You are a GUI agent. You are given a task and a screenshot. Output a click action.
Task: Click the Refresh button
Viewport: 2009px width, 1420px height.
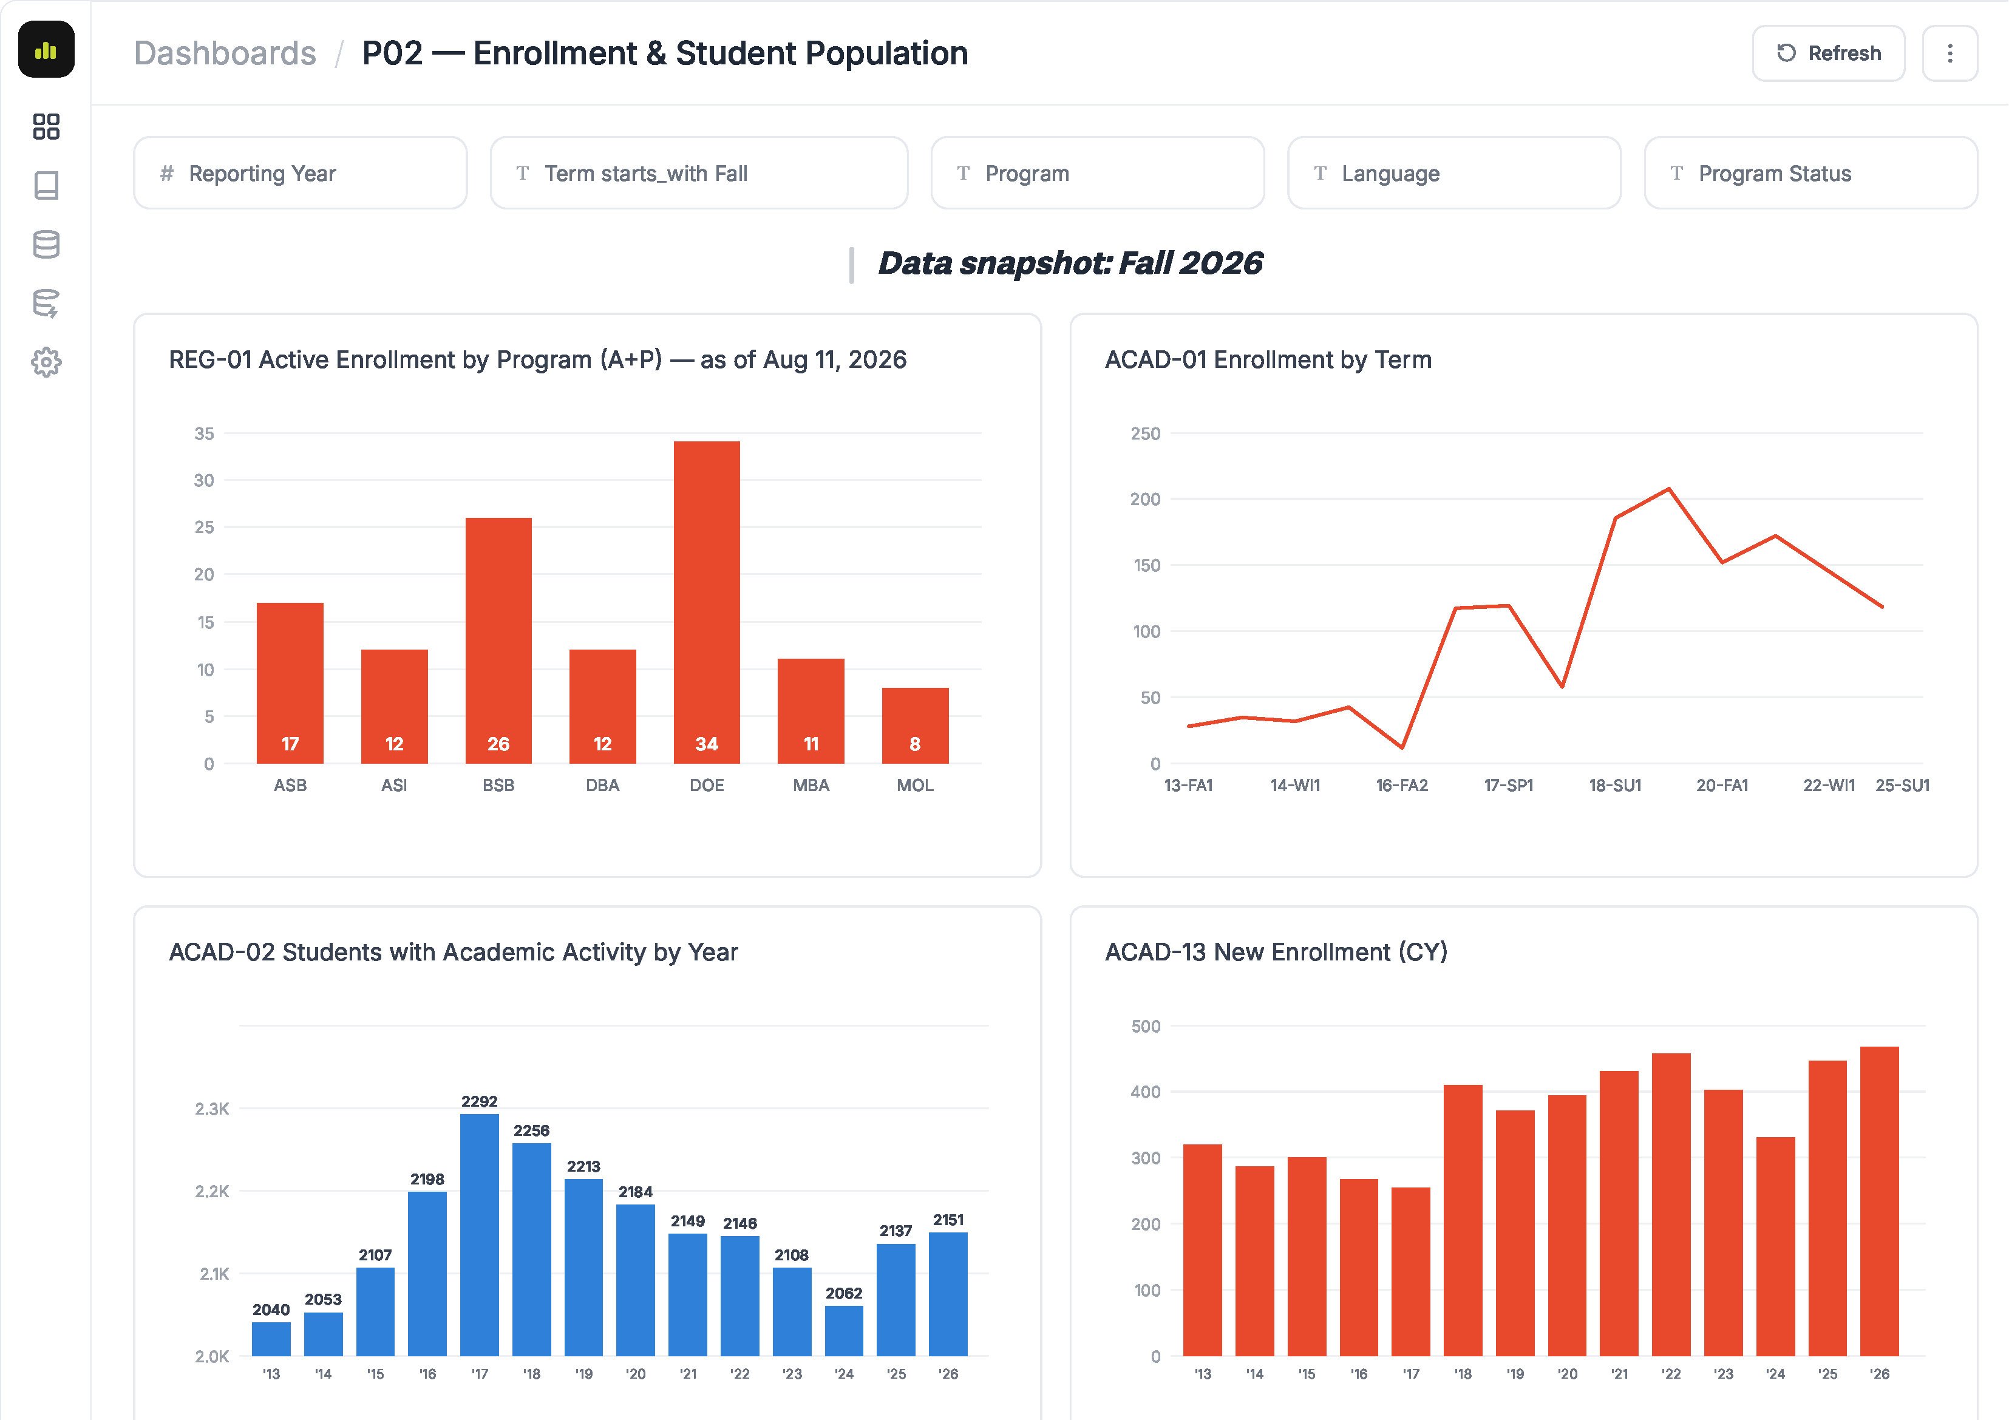1828,53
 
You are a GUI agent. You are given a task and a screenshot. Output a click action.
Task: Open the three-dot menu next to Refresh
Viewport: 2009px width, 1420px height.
1950,53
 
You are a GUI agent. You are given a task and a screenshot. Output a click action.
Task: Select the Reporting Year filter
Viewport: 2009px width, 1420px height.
300,173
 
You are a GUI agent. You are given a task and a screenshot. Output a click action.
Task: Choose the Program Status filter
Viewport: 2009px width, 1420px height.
1810,173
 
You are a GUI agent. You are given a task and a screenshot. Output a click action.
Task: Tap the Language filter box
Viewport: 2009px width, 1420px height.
1453,173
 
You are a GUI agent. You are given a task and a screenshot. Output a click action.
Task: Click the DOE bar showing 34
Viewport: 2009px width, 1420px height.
706,602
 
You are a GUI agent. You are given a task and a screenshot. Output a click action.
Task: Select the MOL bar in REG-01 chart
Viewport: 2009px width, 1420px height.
914,725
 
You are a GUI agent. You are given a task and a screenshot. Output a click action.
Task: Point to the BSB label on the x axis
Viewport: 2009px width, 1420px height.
498,786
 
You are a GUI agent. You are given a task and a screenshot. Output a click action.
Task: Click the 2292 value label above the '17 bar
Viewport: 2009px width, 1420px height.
480,1101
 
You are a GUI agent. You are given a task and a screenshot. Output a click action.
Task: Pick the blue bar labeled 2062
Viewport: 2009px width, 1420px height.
843,1331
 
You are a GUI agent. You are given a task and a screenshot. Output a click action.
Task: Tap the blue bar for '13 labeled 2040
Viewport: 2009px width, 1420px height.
271,1339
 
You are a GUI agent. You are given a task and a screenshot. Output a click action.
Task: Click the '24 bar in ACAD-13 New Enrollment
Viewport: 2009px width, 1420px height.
1775,1247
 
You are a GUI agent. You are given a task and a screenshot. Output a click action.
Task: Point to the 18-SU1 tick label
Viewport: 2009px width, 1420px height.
1615,786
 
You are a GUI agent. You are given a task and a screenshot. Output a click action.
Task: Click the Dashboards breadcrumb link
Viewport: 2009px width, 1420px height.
225,53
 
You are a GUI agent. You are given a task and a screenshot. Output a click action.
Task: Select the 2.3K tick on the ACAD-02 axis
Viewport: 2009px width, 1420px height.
212,1109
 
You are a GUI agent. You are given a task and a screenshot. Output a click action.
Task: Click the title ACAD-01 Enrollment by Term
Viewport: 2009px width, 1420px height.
1268,359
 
